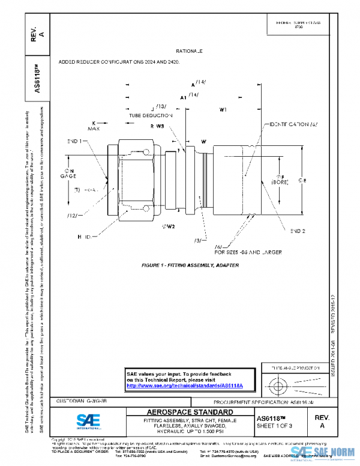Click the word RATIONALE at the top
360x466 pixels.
(189, 52)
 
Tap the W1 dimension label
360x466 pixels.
(223, 110)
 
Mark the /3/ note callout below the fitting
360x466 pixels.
(197, 240)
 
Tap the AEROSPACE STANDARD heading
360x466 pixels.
(190, 412)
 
